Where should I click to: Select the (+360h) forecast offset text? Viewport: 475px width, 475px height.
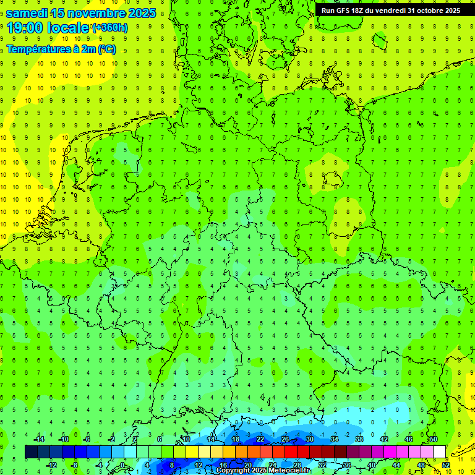coord(110,27)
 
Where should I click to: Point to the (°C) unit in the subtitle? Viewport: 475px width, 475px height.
coord(106,49)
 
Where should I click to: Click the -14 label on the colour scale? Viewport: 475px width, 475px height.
coord(39,439)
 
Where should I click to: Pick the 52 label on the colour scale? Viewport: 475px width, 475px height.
coord(446,464)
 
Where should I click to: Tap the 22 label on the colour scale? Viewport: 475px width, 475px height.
coord(260,439)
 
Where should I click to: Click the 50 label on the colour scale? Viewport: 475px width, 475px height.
coord(433,439)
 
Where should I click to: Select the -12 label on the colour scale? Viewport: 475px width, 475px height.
coord(51,464)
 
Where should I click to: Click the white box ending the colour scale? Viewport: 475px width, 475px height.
coord(439,451)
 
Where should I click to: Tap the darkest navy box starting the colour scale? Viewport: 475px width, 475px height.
coord(31,451)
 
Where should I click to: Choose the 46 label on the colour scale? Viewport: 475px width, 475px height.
coord(409,439)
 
